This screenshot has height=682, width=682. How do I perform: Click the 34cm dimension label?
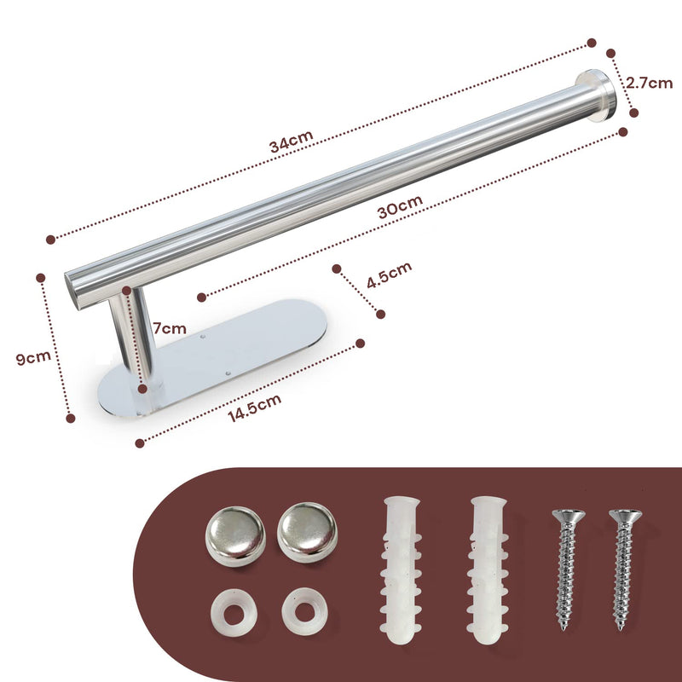[292, 143]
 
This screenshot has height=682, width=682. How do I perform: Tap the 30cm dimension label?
[400, 207]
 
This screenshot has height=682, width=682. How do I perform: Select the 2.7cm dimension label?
[649, 83]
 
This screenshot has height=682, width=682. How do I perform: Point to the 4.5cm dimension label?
[388, 273]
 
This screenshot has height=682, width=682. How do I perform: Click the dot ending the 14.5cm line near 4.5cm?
[360, 343]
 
